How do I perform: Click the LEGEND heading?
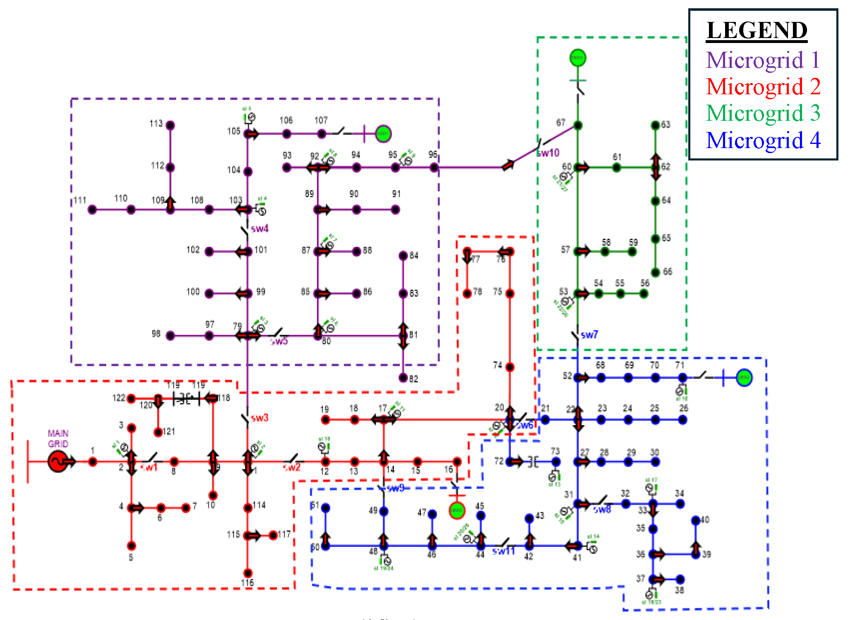[757, 30]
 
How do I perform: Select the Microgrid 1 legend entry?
[763, 60]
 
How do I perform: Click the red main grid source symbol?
[57, 461]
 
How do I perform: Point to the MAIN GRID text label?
[58, 438]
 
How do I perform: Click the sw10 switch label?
[548, 153]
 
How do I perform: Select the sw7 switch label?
[589, 335]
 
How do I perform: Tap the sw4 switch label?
[259, 228]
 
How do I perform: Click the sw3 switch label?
[259, 418]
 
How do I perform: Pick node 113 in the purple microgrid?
[170, 125]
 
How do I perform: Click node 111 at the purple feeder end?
[92, 210]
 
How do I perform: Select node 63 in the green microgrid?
[655, 125]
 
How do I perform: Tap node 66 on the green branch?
[655, 272]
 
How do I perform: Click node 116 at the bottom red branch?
[248, 573]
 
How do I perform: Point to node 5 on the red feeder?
[131, 546]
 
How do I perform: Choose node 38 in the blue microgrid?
[680, 579]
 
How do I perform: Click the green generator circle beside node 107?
[383, 134]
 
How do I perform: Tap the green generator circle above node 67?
[577, 57]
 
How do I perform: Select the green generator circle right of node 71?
[744, 378]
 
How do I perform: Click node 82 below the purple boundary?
[403, 378]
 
